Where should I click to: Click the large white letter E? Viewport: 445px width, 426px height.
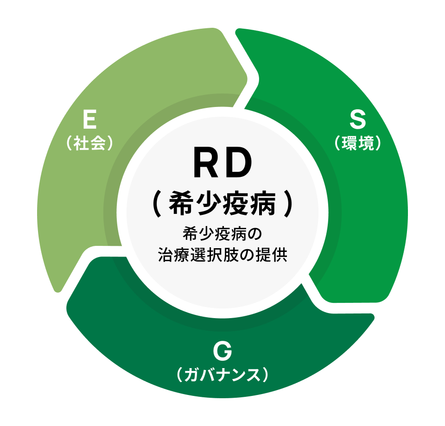(x=89, y=119)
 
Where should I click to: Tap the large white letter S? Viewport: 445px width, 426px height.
(x=357, y=119)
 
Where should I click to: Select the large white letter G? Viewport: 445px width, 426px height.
(x=222, y=351)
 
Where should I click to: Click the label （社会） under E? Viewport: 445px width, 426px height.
(x=89, y=143)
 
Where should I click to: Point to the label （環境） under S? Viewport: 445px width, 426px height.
(x=357, y=143)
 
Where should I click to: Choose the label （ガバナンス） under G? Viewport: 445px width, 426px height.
(x=222, y=375)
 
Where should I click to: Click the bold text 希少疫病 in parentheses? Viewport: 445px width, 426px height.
(x=222, y=203)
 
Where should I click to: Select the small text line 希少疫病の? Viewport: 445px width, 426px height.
(x=222, y=234)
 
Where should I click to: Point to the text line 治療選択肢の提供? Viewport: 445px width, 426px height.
(x=222, y=255)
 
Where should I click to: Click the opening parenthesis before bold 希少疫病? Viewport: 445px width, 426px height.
(x=157, y=203)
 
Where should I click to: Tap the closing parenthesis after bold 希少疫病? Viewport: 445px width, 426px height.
(x=288, y=203)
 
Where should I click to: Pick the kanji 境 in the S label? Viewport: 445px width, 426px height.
(x=366, y=143)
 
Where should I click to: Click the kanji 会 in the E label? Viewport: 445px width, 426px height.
(x=98, y=143)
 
